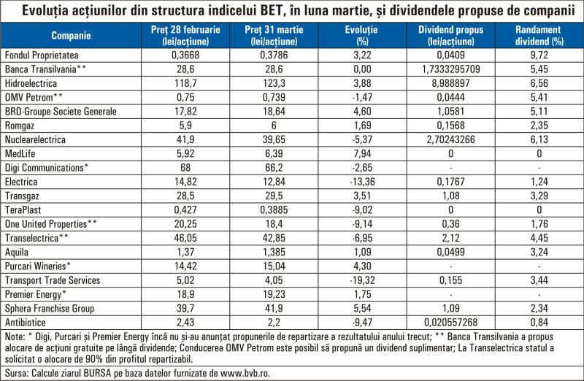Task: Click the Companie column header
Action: [71, 35]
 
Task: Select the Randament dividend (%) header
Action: [539, 35]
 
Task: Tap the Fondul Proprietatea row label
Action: [42, 55]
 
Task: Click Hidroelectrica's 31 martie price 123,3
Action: [274, 83]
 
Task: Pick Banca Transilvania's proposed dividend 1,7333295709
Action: [450, 69]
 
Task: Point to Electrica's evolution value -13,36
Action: [362, 182]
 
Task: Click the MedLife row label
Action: [20, 153]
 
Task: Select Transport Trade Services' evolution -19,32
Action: [362, 280]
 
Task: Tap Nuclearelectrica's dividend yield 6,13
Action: [539, 139]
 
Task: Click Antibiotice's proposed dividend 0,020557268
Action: [450, 322]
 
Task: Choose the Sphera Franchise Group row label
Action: [50, 308]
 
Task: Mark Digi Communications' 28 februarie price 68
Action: [185, 168]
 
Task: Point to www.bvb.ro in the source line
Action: [245, 373]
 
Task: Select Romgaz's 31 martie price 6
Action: [274, 126]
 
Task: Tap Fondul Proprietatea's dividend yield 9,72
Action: [539, 55]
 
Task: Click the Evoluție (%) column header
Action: [361, 35]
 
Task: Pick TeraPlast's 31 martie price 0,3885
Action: [274, 209]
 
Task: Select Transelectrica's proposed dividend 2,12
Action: [450, 238]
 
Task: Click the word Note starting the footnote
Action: [14, 336]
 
